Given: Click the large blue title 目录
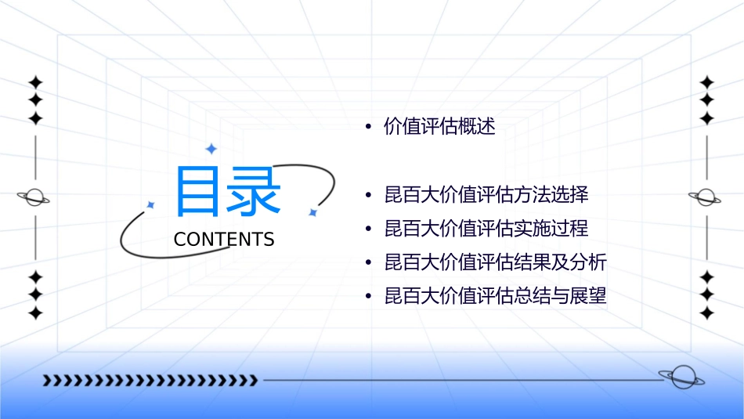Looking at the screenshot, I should click(228, 191).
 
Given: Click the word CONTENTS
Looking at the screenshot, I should click(224, 240).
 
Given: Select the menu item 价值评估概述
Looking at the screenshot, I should click(439, 127).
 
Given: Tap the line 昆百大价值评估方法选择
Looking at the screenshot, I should click(486, 194).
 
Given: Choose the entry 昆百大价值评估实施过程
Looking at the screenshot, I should click(486, 229).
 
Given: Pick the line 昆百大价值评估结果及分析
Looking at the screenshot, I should click(495, 262).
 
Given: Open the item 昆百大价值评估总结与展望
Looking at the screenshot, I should click(495, 297).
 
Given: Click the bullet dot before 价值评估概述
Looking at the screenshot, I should click(368, 128).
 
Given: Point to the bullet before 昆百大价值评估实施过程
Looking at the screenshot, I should click(368, 229).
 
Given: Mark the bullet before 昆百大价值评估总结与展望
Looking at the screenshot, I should click(368, 298).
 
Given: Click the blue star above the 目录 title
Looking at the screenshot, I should click(211, 149).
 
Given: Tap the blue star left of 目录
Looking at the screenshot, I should click(151, 205).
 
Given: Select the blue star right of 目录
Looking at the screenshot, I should click(312, 212).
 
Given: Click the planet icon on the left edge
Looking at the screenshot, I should click(34, 197).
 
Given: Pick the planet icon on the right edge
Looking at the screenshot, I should click(706, 197).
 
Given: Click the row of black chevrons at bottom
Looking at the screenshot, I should click(150, 381).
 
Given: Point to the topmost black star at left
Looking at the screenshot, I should click(35, 81).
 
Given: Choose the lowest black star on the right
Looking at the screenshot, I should click(707, 313).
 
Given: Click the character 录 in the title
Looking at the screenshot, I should click(255, 191).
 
